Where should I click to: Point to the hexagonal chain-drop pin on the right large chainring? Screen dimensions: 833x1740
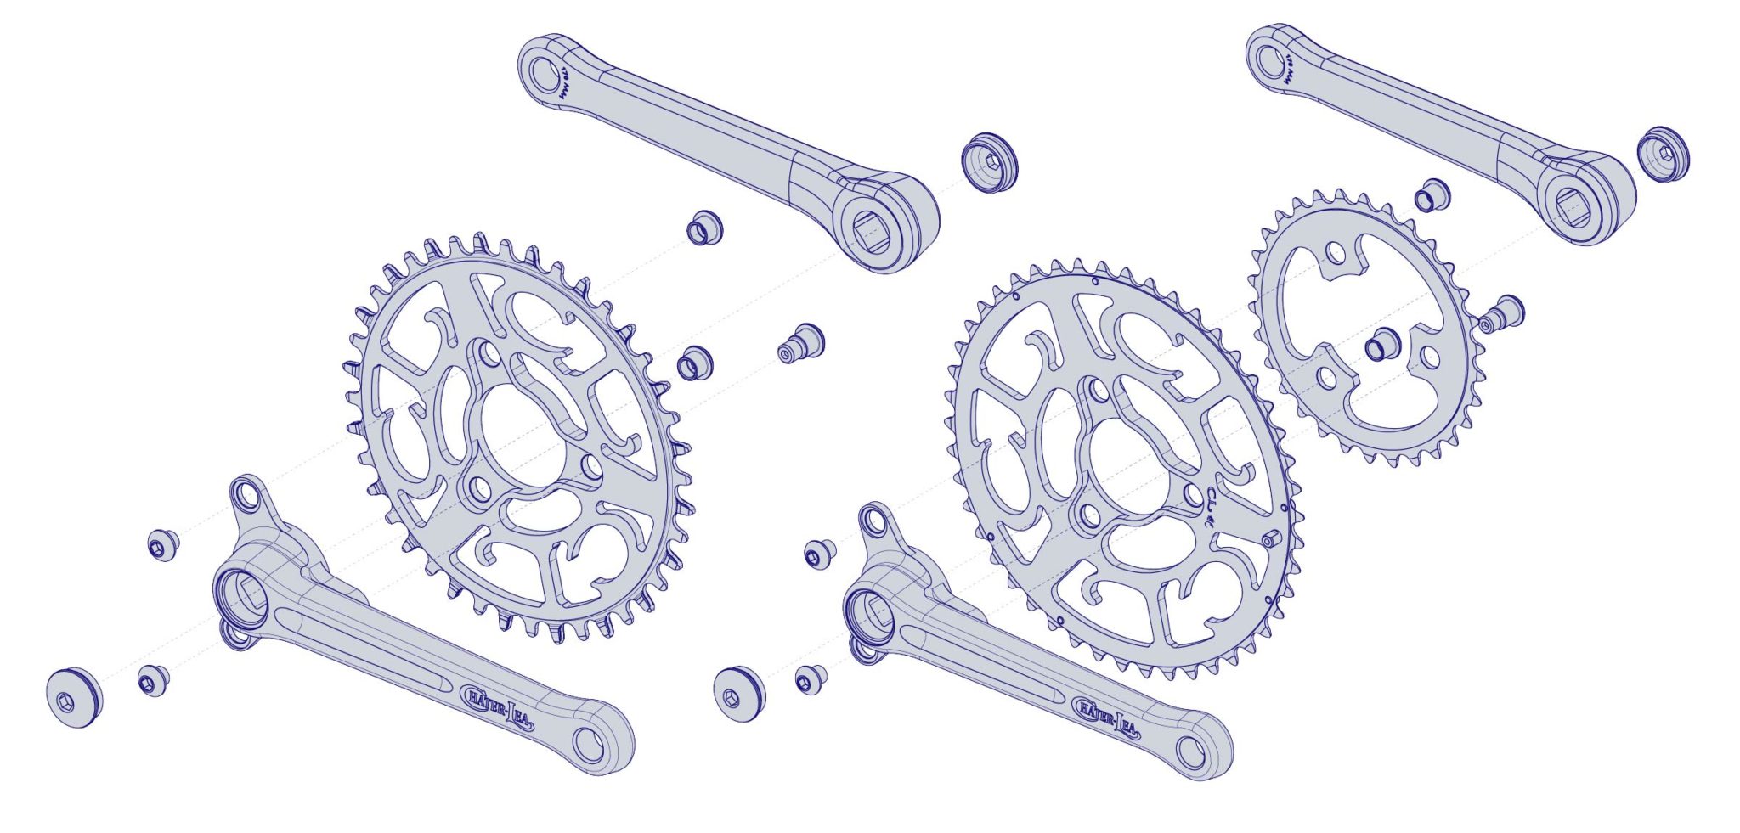pos(1272,540)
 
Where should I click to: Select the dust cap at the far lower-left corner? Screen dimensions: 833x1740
pos(74,698)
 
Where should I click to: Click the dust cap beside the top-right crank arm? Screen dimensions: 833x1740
pos(1663,154)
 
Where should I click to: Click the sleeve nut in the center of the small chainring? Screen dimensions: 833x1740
pos(1381,345)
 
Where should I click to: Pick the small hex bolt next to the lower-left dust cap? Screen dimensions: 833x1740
pos(152,681)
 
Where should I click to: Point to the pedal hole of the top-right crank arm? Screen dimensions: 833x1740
pos(1268,59)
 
